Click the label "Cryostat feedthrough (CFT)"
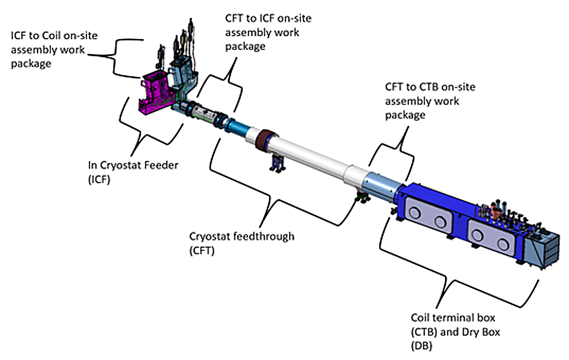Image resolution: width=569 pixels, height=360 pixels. [x=241, y=243]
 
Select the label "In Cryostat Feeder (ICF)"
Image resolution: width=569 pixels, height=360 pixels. [x=133, y=172]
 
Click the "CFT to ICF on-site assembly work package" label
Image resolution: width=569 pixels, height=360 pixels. [x=268, y=32]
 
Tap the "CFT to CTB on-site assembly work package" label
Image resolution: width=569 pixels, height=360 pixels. [x=430, y=101]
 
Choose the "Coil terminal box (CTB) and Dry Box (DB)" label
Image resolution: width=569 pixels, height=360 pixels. [x=455, y=331]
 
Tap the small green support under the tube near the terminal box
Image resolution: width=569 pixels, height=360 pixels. [x=363, y=198]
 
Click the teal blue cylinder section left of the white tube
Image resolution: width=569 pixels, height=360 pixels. [x=236, y=127]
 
